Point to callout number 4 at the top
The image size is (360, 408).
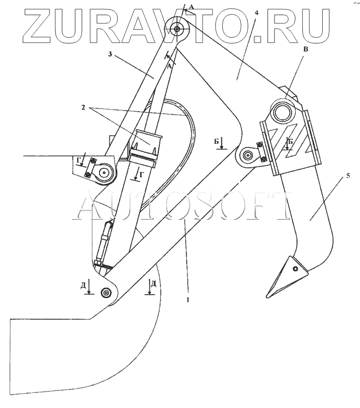[x=256, y=12]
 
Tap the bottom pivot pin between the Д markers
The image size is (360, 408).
[x=106, y=293]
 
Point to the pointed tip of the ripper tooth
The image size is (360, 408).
[x=269, y=296]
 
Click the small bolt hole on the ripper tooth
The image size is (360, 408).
[x=295, y=269]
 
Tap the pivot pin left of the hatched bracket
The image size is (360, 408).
[x=247, y=155]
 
